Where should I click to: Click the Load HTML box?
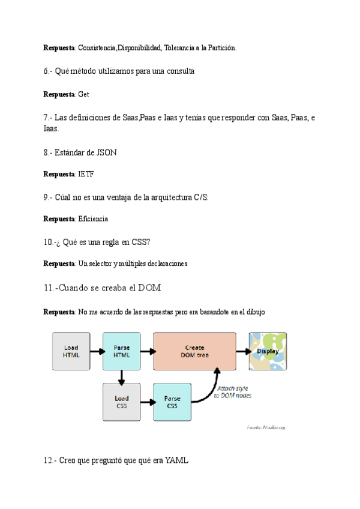click(71, 351)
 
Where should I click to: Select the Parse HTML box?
click(122, 351)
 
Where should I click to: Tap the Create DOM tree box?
click(194, 351)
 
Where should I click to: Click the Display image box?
click(268, 351)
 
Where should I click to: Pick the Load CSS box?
click(122, 402)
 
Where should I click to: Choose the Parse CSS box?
click(172, 402)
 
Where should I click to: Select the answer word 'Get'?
click(83, 94)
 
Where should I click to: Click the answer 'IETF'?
click(86, 174)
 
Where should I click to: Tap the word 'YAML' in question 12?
click(176, 460)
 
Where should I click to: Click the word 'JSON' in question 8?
click(106, 152)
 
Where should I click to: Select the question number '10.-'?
click(50, 241)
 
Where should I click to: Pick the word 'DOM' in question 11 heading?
click(149, 288)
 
